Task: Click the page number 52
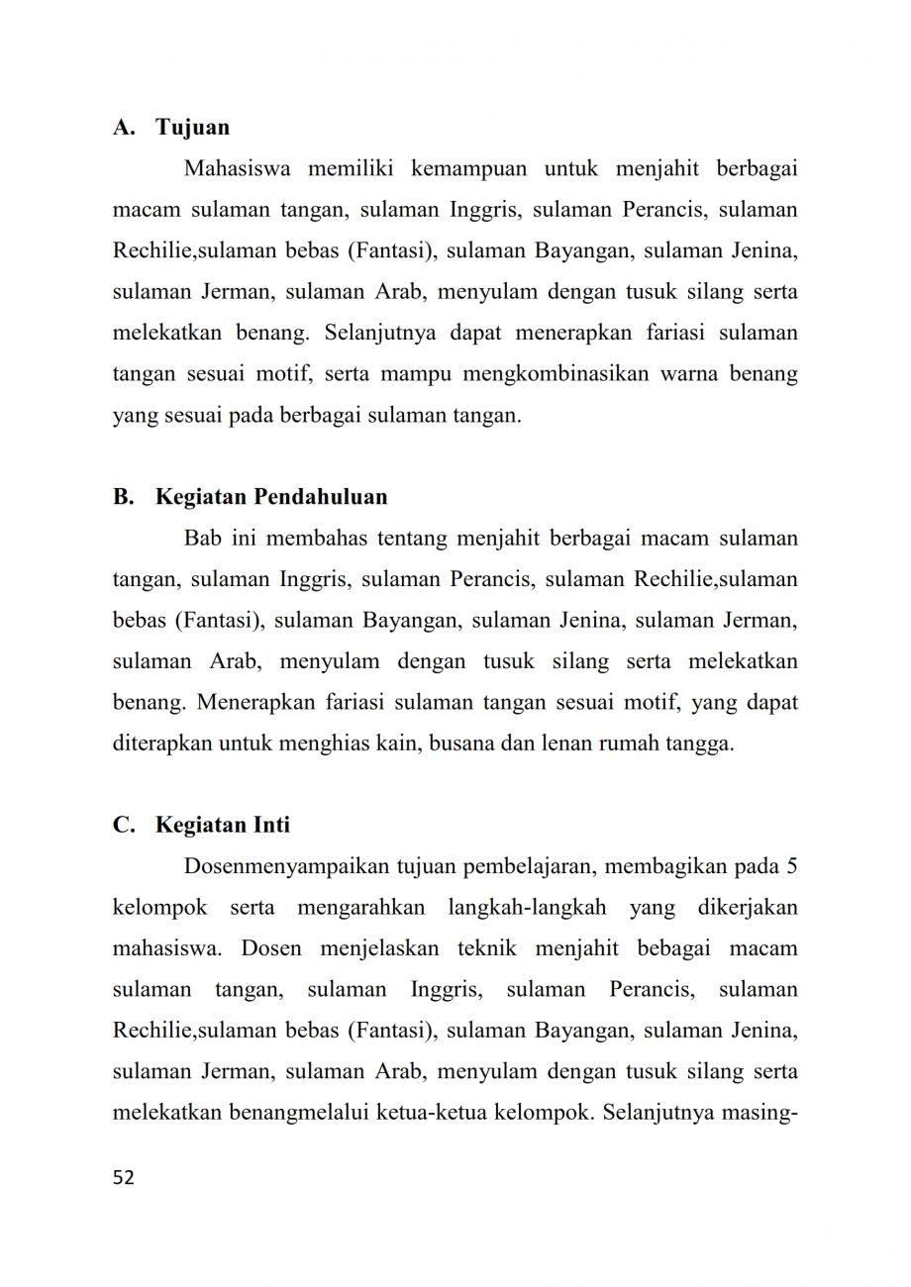coord(124,1177)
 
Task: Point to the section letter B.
coord(122,496)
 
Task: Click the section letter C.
coord(122,825)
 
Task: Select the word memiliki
coord(352,168)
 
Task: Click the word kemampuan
coord(469,168)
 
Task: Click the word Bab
coord(203,539)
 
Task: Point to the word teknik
coord(485,948)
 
